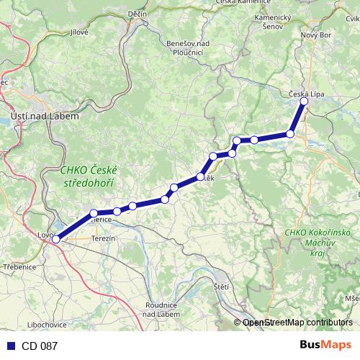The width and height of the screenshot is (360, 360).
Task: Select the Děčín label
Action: (138, 14)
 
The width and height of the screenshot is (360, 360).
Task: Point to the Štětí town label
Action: (221, 287)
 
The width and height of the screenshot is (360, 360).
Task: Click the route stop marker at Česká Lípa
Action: (304, 102)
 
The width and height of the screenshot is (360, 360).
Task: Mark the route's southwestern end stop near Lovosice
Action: (55, 240)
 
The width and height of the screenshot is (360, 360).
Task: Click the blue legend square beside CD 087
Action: (9, 346)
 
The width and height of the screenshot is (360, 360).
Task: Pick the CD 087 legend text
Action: (39, 346)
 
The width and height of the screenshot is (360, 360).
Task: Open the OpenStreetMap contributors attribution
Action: (297, 323)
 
